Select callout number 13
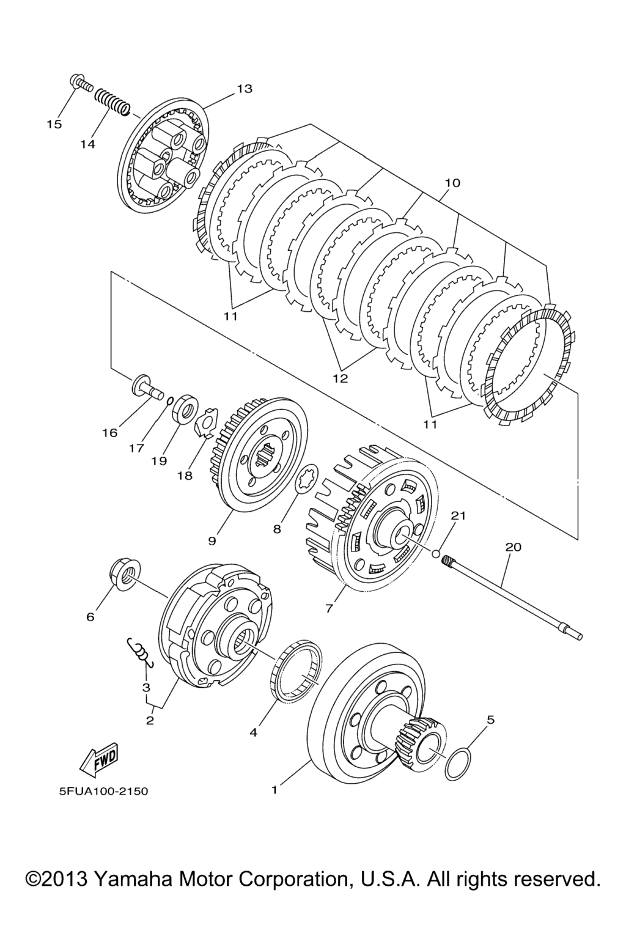(245, 89)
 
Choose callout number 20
(513, 547)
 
